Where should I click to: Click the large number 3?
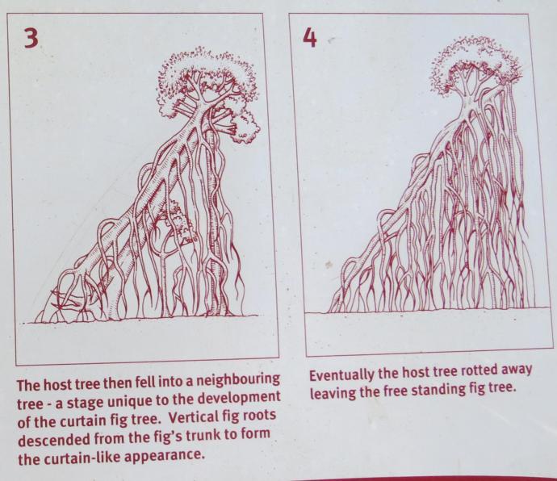point(31,38)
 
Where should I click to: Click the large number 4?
point(309,38)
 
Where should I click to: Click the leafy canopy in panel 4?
point(476,64)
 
